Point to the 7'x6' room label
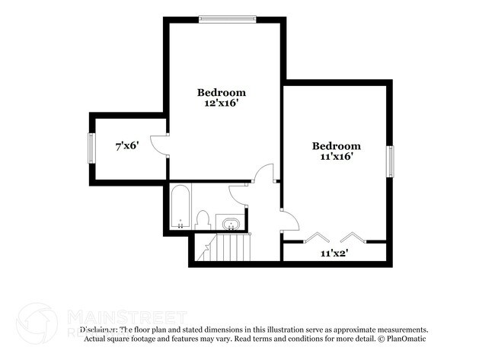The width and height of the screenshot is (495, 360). (x=126, y=145)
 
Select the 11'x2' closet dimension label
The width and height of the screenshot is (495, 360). (x=334, y=253)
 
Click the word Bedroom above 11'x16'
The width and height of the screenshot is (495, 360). (x=336, y=145)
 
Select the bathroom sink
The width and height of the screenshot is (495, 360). (x=230, y=224)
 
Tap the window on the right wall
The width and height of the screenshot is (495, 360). (x=391, y=161)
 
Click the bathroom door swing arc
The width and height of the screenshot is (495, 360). (x=238, y=193)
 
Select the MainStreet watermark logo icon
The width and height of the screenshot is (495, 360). (x=36, y=322)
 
